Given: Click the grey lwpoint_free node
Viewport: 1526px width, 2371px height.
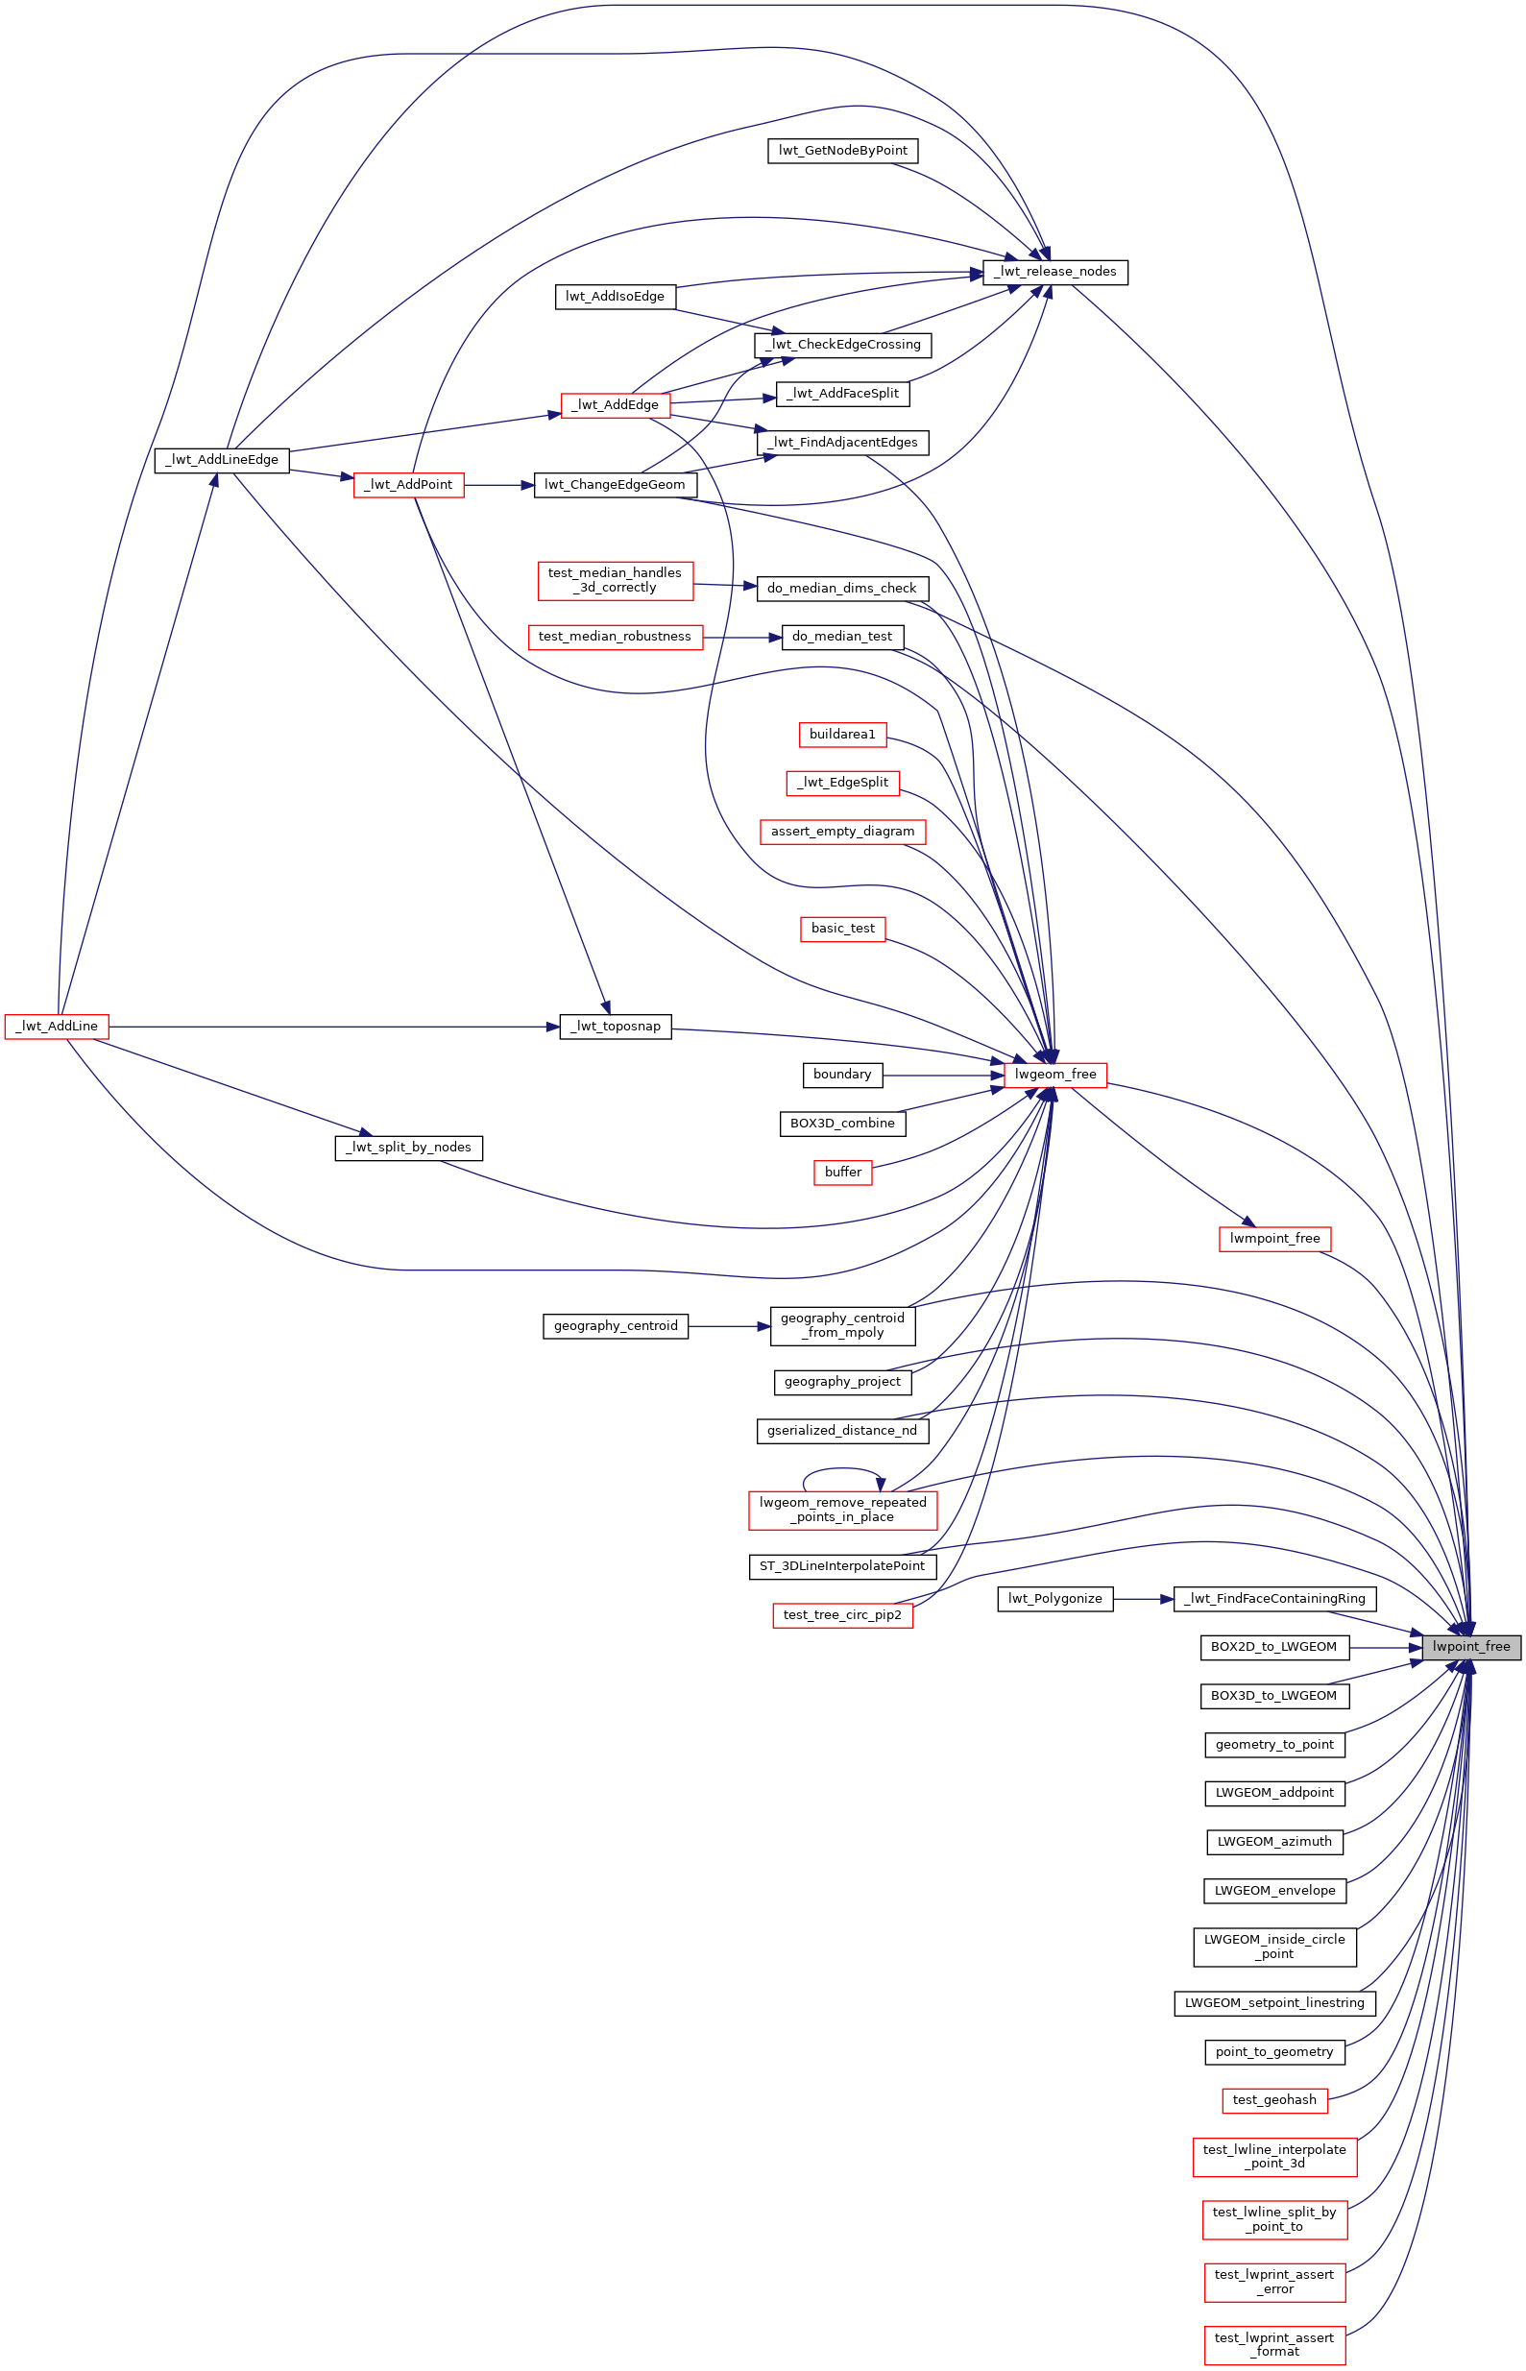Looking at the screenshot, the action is [x=1471, y=1647].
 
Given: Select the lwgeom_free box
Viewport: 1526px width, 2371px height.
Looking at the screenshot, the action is [x=1055, y=1074].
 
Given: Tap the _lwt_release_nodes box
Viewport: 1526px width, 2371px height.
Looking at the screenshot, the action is [x=1055, y=272].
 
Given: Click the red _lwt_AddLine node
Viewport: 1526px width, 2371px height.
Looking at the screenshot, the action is [x=57, y=1027].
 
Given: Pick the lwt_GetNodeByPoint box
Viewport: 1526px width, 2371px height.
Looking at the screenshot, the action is [x=843, y=151].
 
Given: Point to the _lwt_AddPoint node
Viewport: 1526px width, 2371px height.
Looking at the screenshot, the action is [x=408, y=485].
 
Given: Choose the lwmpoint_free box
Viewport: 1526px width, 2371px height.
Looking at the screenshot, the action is [x=1275, y=1239].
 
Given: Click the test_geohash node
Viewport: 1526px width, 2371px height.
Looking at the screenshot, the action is [x=1275, y=2099].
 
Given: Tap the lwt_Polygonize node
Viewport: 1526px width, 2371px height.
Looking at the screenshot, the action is [x=1055, y=1598].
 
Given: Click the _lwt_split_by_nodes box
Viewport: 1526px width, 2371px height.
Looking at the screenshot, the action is [x=409, y=1148].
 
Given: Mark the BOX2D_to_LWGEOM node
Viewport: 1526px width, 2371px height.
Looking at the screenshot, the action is [x=1274, y=1647].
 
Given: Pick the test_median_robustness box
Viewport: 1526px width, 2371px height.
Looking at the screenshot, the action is [x=616, y=637].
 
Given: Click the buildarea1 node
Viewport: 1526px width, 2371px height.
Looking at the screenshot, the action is [x=843, y=735].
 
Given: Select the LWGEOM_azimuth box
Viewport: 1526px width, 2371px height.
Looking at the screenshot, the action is [x=1275, y=1842].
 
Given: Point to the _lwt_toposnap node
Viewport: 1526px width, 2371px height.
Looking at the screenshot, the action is [x=616, y=1027].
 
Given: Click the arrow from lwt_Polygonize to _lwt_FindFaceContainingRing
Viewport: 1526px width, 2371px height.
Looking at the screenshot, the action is [x=1144, y=1599].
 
